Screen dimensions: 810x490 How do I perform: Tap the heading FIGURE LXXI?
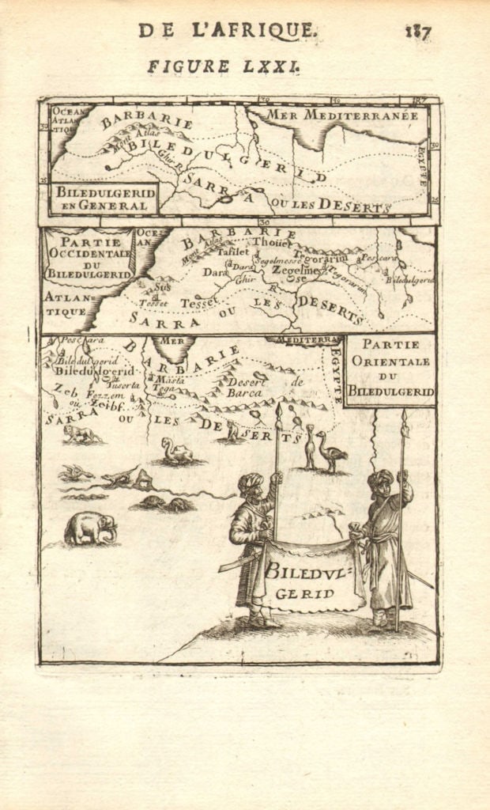coord(224,67)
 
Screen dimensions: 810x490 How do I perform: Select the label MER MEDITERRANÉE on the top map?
coord(341,115)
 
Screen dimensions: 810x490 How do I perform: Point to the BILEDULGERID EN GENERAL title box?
coord(103,199)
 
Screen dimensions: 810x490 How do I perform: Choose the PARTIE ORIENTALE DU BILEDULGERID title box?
coord(390,369)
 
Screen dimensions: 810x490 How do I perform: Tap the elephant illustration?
coord(89,528)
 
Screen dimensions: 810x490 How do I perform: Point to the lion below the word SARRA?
coord(81,433)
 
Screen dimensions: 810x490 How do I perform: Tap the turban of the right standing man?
coord(380,477)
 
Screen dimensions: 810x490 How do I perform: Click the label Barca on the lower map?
coord(244,392)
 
